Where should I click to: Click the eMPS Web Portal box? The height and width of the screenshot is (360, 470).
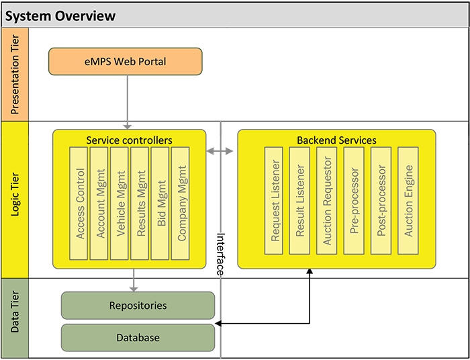tap(126, 61)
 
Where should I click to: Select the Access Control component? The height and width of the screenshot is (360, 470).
tap(79, 204)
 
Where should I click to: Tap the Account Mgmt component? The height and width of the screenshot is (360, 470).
tap(99, 204)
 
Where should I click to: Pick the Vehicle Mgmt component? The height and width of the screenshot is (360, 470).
tap(120, 204)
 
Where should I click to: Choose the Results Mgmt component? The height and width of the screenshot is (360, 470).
tap(140, 204)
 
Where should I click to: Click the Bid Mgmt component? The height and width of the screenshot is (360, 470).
tap(160, 204)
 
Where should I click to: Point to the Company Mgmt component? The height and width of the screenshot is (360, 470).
tap(181, 204)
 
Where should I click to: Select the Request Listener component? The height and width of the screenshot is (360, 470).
tap(274, 201)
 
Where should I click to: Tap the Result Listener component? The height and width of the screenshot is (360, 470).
tap(299, 201)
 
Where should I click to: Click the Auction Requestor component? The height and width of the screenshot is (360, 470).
tap(327, 201)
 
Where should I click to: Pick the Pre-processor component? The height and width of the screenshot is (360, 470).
tap(354, 201)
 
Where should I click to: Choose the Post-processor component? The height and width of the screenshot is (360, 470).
tap(381, 201)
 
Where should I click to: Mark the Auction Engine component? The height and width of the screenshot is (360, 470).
tap(408, 201)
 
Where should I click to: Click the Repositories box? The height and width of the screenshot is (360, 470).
tap(138, 306)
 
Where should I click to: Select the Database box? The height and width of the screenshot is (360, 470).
tap(138, 338)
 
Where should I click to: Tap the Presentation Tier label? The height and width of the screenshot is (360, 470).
tap(15, 75)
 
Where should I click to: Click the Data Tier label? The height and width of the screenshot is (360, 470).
tap(15, 312)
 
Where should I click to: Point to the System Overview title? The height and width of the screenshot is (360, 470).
tap(60, 15)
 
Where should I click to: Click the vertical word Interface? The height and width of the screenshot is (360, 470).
tap(220, 254)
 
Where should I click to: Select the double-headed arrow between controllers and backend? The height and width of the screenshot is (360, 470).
tap(220, 151)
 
